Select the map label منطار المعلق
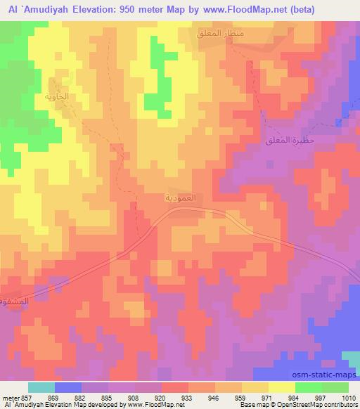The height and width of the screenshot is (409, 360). point(221,33)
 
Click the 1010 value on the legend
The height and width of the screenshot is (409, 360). point(340,397)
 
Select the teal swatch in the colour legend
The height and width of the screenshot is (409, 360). point(41,387)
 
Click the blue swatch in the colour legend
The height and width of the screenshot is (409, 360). point(67,387)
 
